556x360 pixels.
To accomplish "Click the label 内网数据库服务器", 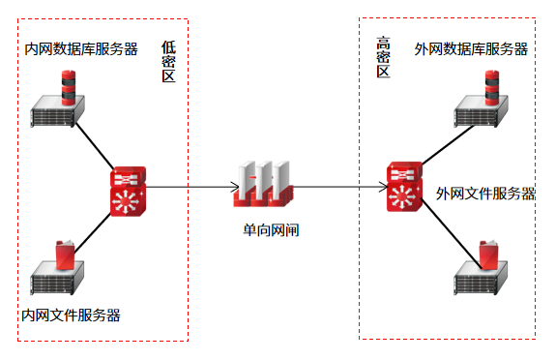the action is click(81, 49).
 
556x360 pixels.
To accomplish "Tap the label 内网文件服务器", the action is click(72, 315).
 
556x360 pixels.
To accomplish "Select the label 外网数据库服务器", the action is click(471, 49).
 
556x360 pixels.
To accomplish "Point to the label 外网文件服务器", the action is click(485, 194).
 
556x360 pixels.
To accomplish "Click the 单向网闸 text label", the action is click(272, 230).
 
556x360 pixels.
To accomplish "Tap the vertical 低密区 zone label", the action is click(169, 62).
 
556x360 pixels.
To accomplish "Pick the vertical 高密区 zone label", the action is click(383, 57).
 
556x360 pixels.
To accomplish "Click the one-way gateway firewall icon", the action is click(263, 184).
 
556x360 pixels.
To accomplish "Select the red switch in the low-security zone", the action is click(128, 192).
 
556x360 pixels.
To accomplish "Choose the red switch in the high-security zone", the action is click(404, 187).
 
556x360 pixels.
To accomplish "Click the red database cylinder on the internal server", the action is click(69, 88).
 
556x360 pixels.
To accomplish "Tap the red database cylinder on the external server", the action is click(492, 88).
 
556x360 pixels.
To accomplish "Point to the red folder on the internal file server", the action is click(65, 255).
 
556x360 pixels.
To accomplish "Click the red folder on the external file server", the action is click(488, 255).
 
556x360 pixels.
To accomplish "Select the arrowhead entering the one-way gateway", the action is click(235, 187).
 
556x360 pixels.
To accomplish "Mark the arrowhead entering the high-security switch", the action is click(385, 187).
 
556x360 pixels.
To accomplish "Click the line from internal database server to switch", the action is click(95, 146).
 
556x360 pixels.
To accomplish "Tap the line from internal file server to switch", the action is click(93, 233).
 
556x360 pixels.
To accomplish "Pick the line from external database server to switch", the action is click(449, 145).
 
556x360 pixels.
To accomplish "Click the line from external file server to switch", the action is click(451, 233).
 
